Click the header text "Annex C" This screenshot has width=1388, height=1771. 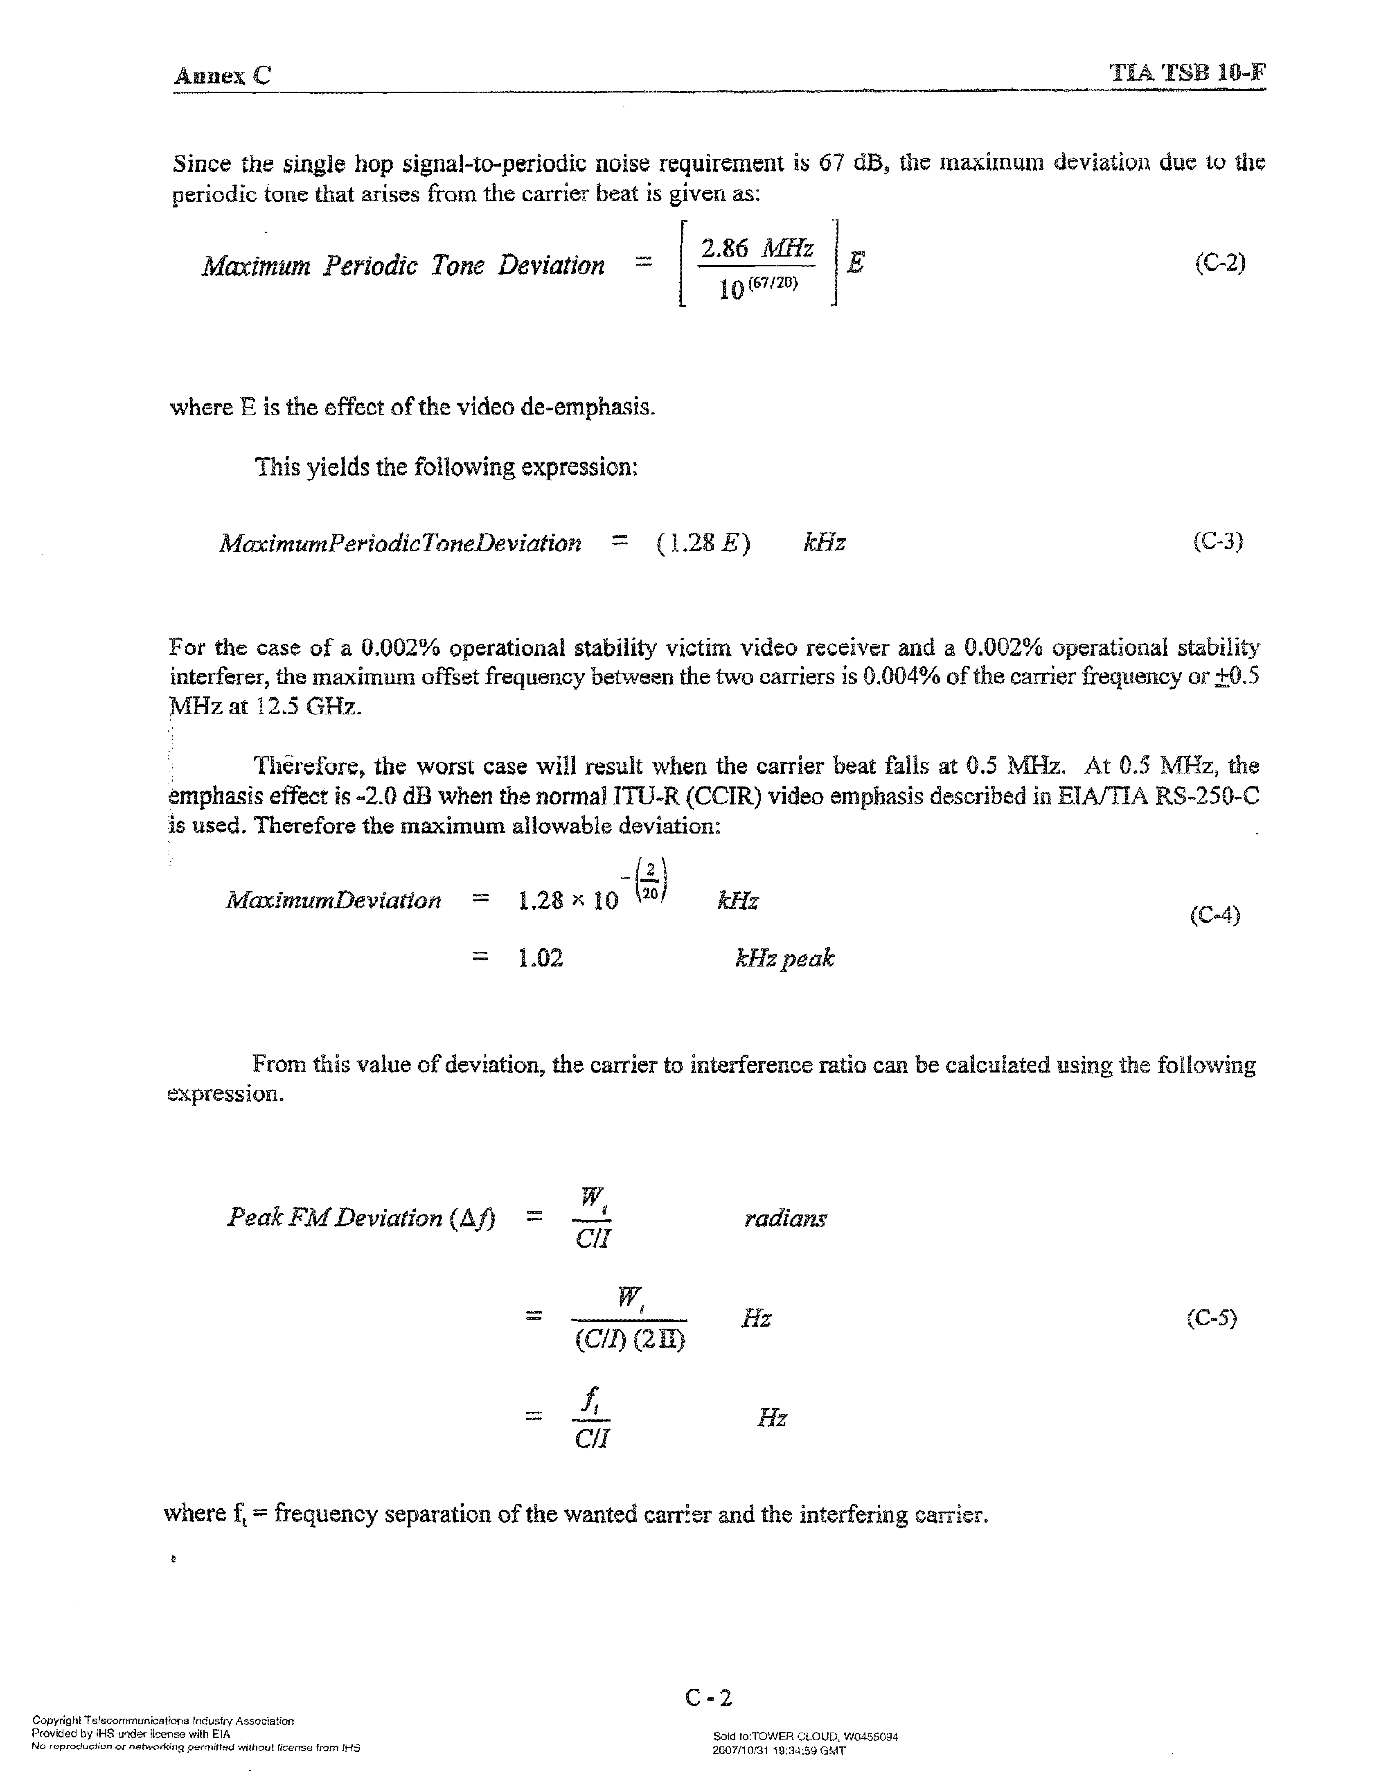(222, 76)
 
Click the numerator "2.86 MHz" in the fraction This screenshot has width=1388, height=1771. (757, 248)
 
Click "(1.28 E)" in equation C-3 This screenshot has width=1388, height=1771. (703, 543)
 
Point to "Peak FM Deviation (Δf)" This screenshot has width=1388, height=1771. (361, 1217)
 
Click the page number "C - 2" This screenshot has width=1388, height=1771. (709, 1697)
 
